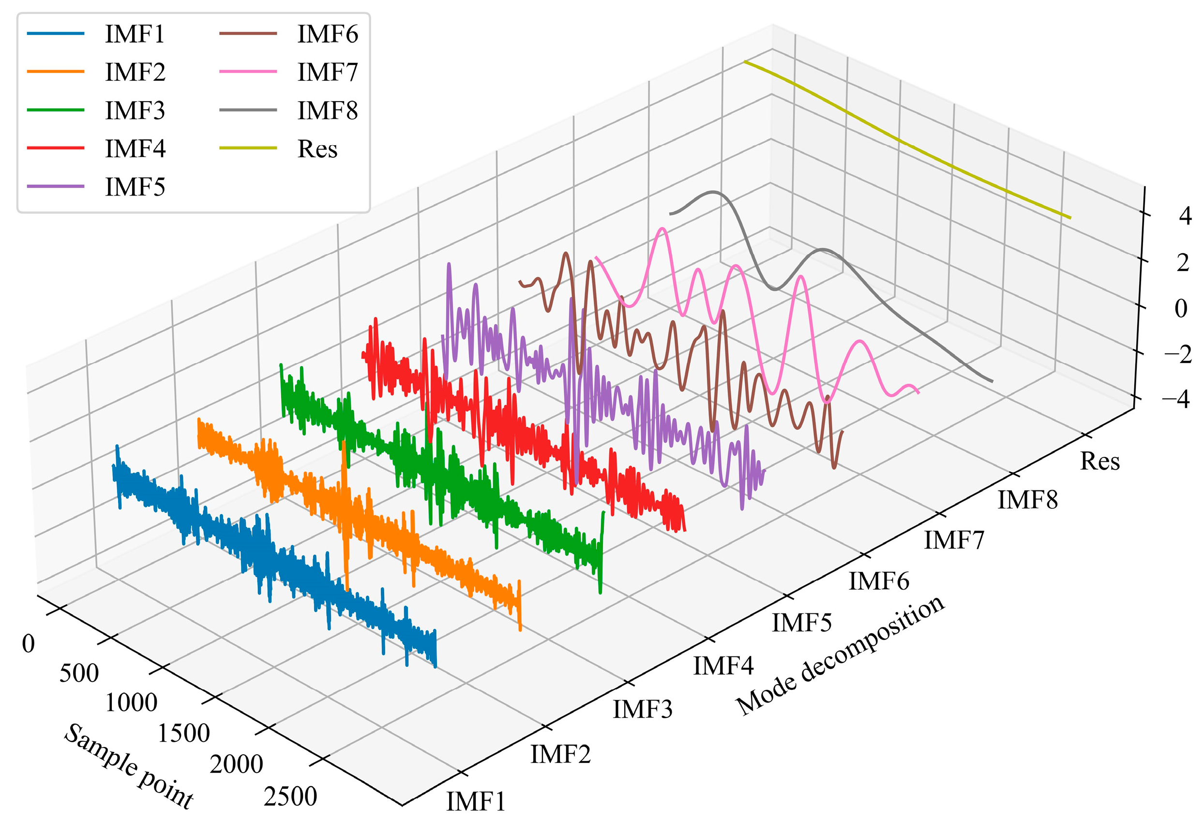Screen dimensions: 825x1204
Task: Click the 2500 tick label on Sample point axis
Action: click(290, 796)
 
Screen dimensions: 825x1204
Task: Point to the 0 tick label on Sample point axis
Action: click(29, 643)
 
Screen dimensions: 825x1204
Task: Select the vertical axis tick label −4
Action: click(1176, 398)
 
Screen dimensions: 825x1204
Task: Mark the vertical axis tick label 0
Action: click(1181, 308)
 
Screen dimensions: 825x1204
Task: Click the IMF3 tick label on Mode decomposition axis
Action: click(643, 709)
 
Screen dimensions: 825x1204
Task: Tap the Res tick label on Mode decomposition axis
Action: click(1099, 461)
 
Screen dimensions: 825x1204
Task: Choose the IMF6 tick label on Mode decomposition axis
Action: click(879, 581)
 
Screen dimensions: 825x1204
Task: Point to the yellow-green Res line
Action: click(902, 141)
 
